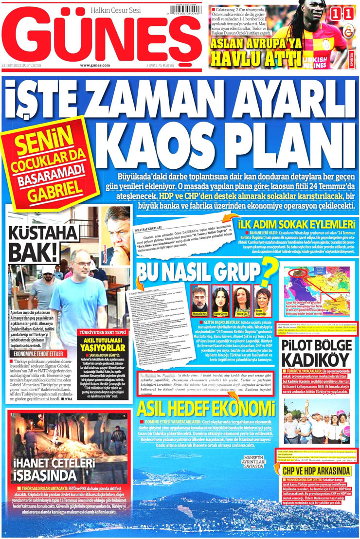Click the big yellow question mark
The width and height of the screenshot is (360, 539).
[267, 270]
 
